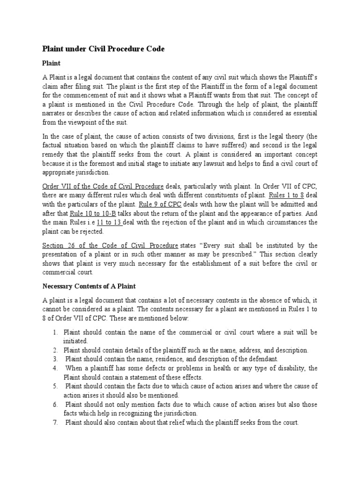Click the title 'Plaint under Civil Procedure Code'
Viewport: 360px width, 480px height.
tap(104, 49)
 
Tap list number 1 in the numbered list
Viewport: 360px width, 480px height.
tap(55, 332)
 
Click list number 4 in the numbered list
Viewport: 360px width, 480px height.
tap(55, 368)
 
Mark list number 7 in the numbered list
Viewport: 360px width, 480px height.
tap(55, 422)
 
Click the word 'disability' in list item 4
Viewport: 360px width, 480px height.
tap(289, 368)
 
